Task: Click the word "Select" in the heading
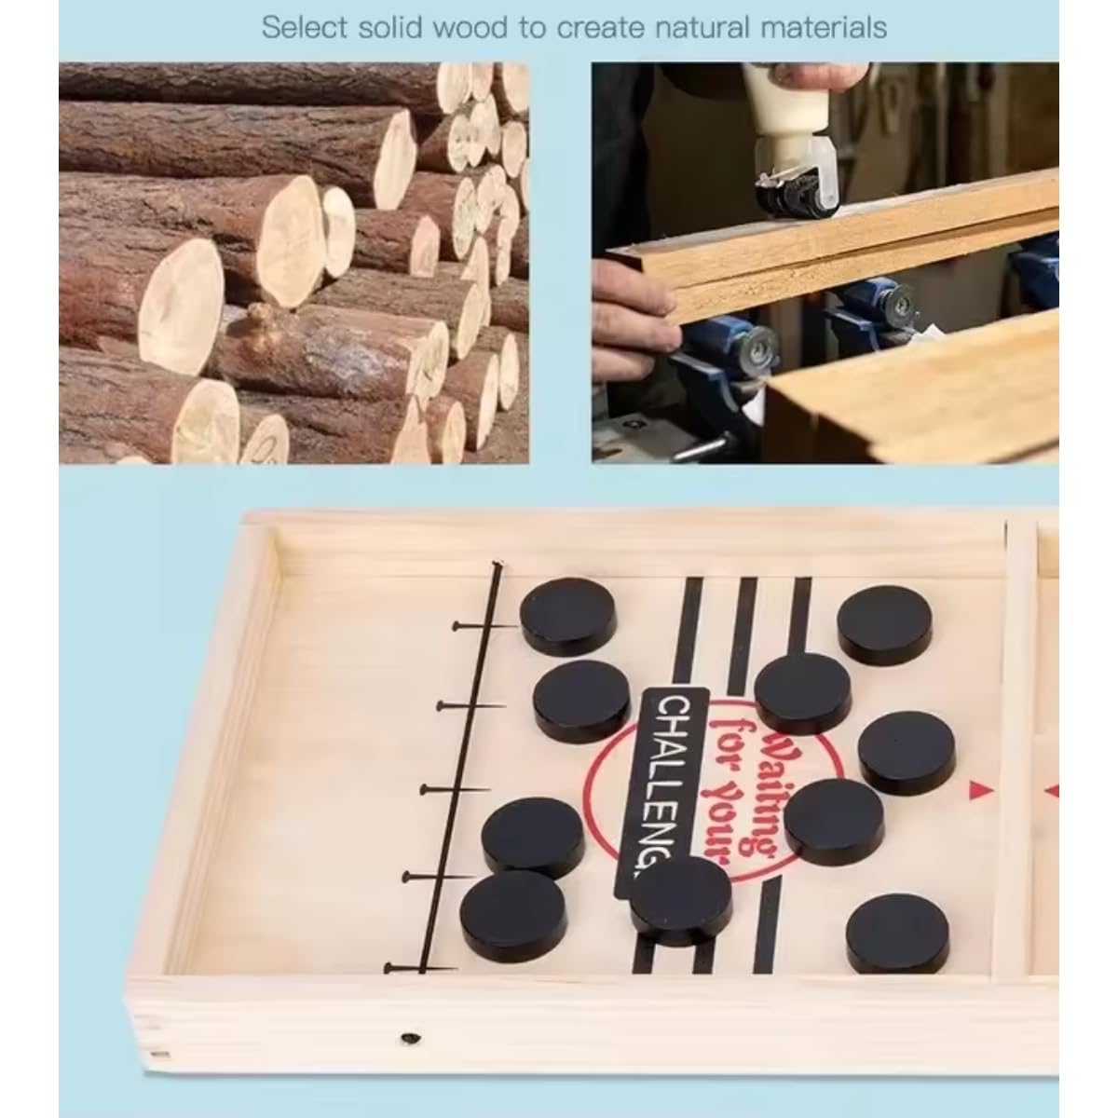(x=304, y=28)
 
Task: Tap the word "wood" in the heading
(x=474, y=28)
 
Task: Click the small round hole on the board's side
(x=410, y=1037)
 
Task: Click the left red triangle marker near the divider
(x=978, y=790)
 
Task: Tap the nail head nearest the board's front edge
(x=389, y=966)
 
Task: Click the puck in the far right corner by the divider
(x=884, y=625)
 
